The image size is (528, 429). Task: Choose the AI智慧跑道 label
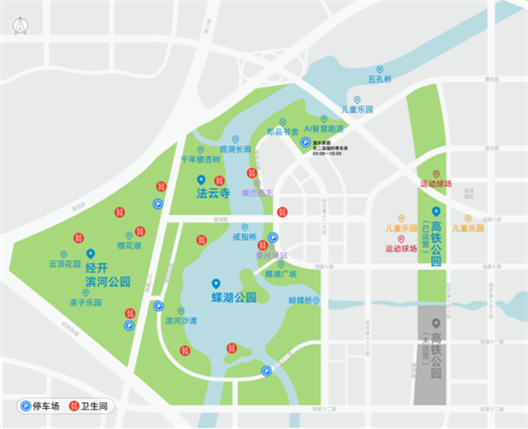[x=324, y=127]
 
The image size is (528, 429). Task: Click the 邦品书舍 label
[x=283, y=131]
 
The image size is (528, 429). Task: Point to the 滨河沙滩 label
[x=180, y=321]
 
